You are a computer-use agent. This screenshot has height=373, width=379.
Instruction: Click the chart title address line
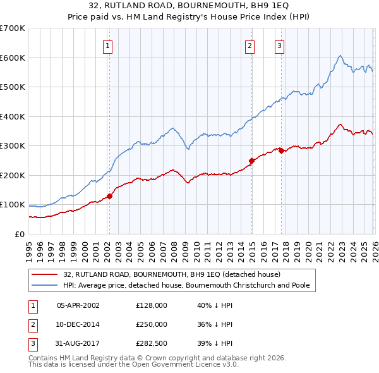point(189,6)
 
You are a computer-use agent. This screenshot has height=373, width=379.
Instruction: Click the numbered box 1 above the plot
point(109,46)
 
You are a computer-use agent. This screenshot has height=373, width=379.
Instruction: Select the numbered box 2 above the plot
point(250,46)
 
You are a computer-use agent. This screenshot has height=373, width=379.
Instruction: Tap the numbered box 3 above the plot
point(279,46)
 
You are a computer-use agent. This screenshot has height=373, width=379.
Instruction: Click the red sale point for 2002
point(109,196)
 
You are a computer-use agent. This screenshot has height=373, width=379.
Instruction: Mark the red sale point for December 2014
point(251,161)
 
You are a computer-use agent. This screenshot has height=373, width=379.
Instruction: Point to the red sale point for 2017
point(281,151)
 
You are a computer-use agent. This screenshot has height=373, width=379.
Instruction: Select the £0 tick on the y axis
point(20,234)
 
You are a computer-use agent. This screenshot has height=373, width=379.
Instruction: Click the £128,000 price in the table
point(152,305)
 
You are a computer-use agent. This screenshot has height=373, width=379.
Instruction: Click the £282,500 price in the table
point(152,344)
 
